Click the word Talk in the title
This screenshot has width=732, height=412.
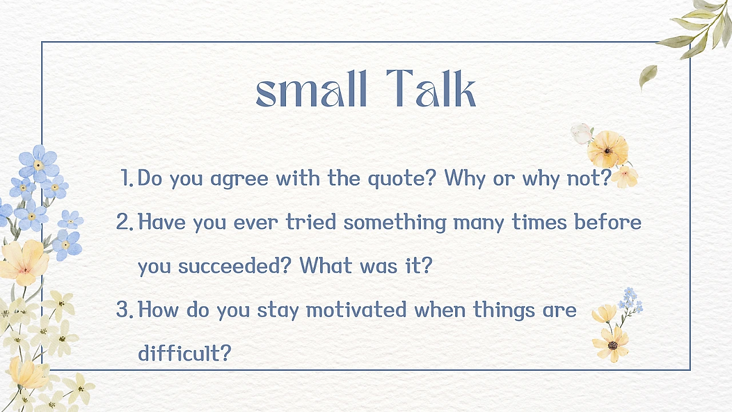coord(431,88)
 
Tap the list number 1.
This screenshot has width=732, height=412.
coord(127,178)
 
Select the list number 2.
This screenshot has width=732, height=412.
coord(125,221)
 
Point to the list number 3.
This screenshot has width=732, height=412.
coord(125,310)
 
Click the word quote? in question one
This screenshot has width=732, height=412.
coord(402,179)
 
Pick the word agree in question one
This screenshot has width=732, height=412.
coord(239,180)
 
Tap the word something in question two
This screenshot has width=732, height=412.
coord(395,223)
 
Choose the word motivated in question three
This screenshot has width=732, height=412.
coord(356,310)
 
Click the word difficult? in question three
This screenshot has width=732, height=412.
coord(185,352)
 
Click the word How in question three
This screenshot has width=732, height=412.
coord(158,310)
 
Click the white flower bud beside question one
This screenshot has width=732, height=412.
coord(582,133)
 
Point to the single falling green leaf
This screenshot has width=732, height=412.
coord(648,76)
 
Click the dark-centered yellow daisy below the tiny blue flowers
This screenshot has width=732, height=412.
coord(611,344)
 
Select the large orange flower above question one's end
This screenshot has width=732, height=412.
coord(607,149)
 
